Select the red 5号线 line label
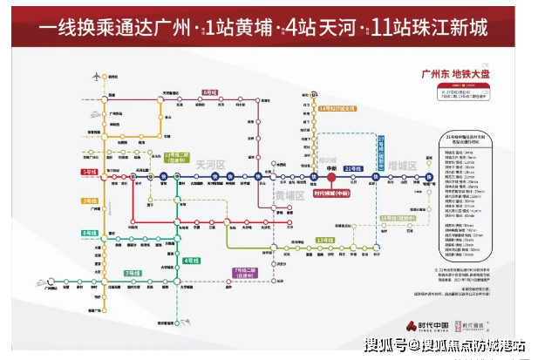[89, 172]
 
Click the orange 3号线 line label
[88, 200]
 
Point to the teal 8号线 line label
[89, 233]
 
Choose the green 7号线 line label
[133, 273]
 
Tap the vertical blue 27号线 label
[380, 151]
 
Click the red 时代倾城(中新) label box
[331, 195]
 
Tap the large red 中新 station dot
[331, 176]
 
